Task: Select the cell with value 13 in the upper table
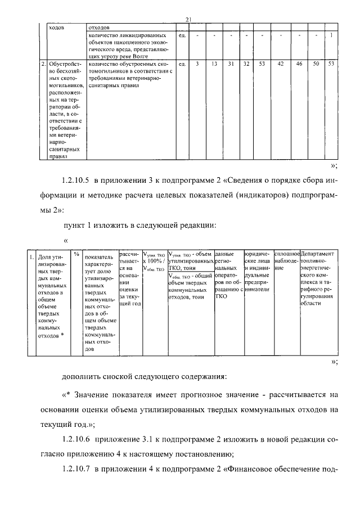pos(215,64)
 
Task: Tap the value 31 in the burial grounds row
pos(231,64)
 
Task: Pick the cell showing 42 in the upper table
pos(280,64)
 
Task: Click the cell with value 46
pos(299,64)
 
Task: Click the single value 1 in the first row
pos(332,36)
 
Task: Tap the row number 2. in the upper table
pos(44,64)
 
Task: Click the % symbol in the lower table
pos(76,254)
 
